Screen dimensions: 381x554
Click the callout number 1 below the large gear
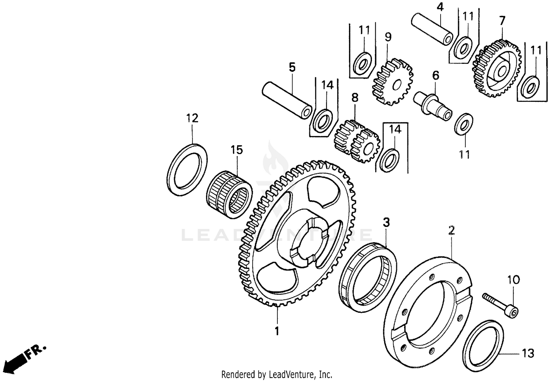tap(277, 331)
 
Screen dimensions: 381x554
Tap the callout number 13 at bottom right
tap(528, 353)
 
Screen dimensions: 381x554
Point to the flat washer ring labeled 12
tap(187, 169)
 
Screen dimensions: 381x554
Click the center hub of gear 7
tap(501, 70)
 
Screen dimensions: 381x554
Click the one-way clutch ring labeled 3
tap(367, 275)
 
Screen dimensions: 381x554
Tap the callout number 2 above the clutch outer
tap(451, 231)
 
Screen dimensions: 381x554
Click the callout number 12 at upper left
tap(192, 118)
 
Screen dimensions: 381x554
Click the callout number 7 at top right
tap(502, 21)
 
